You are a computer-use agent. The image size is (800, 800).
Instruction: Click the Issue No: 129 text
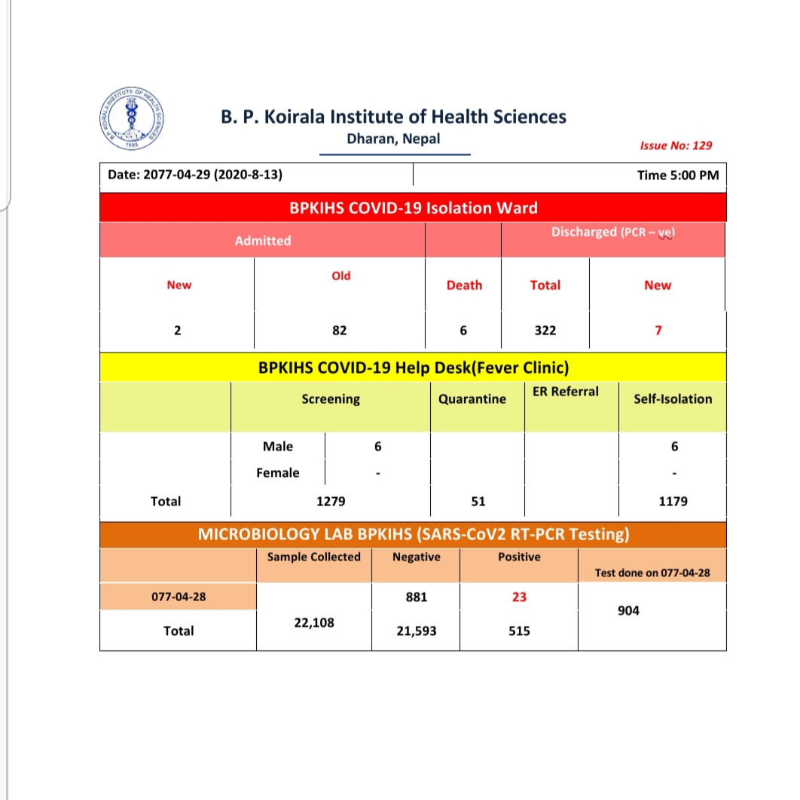[676, 145]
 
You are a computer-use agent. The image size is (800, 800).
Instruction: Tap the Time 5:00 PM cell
[677, 176]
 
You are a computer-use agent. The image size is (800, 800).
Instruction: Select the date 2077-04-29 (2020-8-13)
[195, 175]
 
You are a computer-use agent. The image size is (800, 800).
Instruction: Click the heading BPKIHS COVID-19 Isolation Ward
[414, 208]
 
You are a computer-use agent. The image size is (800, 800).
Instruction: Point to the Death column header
[464, 285]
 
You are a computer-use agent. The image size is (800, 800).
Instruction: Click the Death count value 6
[464, 330]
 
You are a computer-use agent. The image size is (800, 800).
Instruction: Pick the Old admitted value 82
[340, 330]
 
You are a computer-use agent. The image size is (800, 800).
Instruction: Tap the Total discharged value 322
[545, 330]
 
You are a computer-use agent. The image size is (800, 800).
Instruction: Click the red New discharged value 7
[658, 330]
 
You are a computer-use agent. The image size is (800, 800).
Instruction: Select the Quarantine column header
[472, 398]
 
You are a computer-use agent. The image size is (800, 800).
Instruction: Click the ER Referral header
[566, 391]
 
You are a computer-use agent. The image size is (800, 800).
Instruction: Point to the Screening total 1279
[331, 501]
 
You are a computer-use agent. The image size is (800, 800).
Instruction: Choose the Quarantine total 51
[478, 501]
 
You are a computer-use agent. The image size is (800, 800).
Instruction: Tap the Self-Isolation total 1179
[672, 501]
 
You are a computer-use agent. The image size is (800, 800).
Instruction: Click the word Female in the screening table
[278, 472]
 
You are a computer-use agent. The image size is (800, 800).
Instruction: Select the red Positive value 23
[519, 597]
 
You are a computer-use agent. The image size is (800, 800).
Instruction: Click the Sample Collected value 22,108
[314, 623]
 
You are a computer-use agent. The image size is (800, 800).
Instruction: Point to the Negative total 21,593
[417, 631]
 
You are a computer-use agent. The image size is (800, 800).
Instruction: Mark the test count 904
[627, 611]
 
